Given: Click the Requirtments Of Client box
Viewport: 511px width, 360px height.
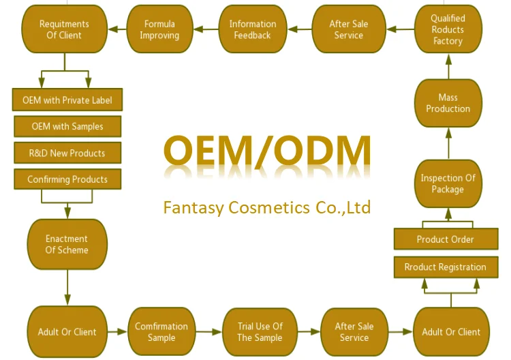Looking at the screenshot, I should coord(65,29).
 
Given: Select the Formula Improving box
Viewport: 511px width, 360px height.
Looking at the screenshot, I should coord(159,29).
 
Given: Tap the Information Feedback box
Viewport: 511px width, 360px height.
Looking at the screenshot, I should coord(252,29).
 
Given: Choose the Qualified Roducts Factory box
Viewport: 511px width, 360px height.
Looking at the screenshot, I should coord(448,29).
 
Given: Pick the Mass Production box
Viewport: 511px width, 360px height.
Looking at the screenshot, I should coord(448,103).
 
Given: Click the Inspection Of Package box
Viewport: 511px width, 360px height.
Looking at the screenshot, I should coord(448,183).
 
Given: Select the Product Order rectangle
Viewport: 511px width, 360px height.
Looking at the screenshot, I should coord(445,239).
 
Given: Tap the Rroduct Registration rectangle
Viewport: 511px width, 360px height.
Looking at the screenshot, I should coord(445,267).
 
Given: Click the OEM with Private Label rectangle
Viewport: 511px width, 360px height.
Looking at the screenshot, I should coord(67,100).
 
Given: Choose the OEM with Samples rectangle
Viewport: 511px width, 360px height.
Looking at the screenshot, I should coord(67,126).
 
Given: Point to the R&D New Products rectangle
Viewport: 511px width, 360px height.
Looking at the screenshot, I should coord(67,153).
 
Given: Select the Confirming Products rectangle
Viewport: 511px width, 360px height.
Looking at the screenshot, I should coord(67,179).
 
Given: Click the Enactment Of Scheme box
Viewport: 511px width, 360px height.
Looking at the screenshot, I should coord(67,244).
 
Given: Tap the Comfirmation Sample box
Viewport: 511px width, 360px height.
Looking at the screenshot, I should coord(161,332).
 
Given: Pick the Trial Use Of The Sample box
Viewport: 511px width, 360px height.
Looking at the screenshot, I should coord(260,332).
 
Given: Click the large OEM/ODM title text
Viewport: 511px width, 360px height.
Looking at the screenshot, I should coord(267,151).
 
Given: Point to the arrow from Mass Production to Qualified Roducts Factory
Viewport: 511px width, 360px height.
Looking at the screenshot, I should coord(448,66).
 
